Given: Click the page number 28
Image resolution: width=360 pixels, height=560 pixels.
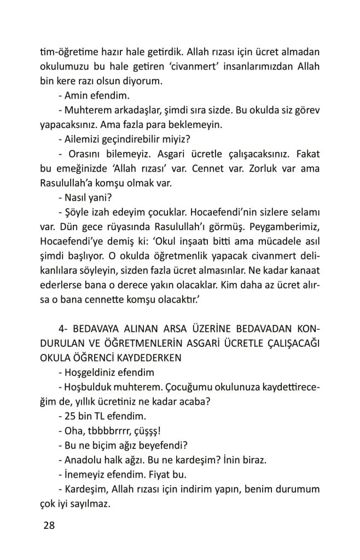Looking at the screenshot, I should click(49, 526).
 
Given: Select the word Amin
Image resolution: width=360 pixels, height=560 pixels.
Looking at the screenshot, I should click(74, 96).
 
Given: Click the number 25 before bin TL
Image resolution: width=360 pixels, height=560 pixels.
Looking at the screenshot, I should click(69, 415).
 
